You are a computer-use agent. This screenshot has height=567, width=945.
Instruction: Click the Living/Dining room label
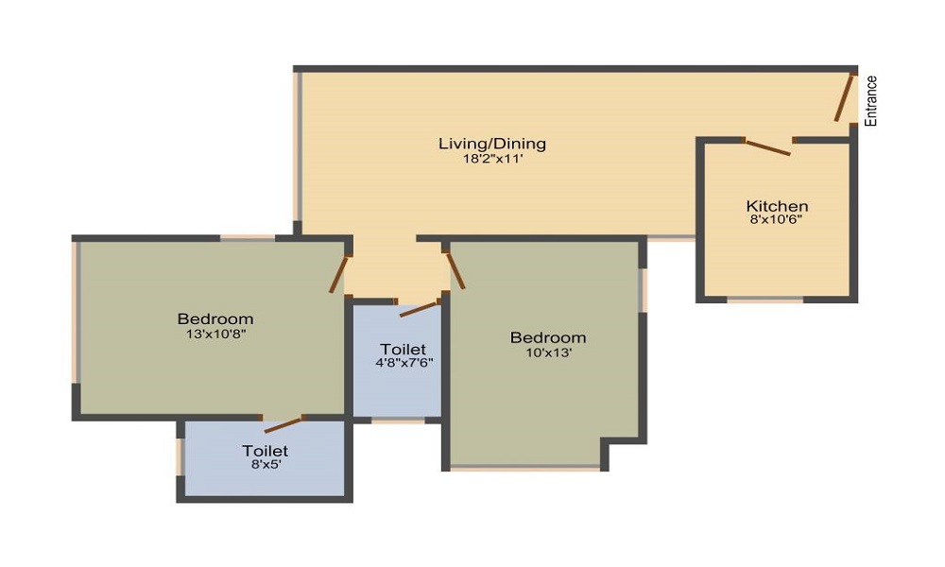pos(491,144)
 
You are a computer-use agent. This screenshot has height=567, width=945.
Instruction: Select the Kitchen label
pos(777,206)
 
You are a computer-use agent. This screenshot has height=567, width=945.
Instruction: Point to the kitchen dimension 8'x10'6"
pos(777,219)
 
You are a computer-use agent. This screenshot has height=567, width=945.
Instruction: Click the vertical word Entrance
pos(872,101)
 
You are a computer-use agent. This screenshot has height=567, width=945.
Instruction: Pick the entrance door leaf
pos(844,97)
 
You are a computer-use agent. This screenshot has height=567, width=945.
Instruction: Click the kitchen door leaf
pos(768,146)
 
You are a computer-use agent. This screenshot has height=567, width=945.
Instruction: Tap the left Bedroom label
pos(215,318)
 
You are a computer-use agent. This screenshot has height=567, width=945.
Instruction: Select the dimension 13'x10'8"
pos(216,333)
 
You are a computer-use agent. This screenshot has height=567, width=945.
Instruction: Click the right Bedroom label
pos(548,337)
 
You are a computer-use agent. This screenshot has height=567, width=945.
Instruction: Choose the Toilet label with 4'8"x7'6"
pos(403,349)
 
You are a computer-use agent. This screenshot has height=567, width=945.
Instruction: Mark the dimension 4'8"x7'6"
pos(403,361)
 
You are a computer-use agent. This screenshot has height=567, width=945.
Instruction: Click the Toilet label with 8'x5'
pos(265,451)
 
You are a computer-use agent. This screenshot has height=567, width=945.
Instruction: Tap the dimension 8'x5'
pos(265,465)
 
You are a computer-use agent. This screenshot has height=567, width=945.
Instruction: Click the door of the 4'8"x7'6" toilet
pos(420,308)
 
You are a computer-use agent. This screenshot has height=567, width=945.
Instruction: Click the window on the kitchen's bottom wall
pos(765,300)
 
